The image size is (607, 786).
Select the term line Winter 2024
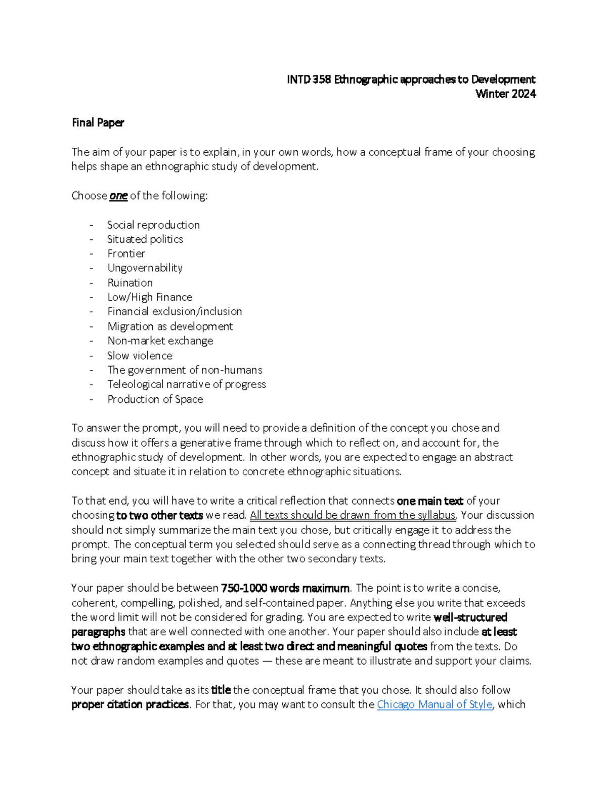tap(505, 94)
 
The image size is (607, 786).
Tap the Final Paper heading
tap(98, 122)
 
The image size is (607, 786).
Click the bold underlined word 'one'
tap(118, 196)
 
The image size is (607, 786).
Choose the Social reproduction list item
tap(153, 225)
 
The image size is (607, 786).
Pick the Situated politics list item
tap(145, 239)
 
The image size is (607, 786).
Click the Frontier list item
tap(126, 254)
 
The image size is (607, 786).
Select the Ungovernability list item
tap(145, 268)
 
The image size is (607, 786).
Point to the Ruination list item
tap(130, 283)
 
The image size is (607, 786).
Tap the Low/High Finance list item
tap(150, 297)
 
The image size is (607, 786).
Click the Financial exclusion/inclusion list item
tap(175, 312)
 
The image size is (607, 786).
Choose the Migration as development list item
tap(170, 326)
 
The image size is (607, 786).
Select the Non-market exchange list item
tap(160, 341)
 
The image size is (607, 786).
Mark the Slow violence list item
tap(140, 356)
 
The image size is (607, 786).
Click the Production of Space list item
tap(155, 399)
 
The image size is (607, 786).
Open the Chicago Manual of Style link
tap(435, 705)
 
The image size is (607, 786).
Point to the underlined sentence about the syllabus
tap(353, 515)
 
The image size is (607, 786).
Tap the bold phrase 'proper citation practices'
tap(130, 705)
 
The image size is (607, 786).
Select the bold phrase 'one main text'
tap(430, 501)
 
